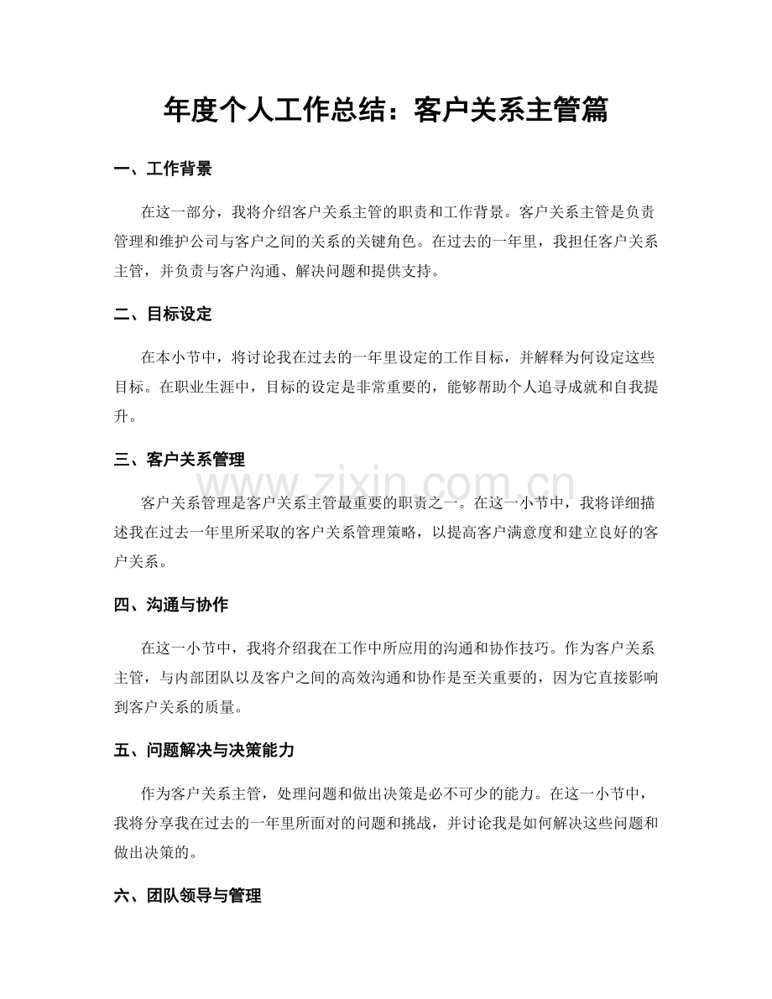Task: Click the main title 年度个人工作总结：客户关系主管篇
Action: (x=385, y=109)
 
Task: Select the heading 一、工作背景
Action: (x=163, y=169)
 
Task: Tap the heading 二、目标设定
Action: (x=163, y=315)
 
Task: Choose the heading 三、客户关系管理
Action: (x=179, y=460)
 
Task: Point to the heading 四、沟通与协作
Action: (x=170, y=605)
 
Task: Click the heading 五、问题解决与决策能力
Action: (x=203, y=751)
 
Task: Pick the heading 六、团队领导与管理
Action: (x=187, y=896)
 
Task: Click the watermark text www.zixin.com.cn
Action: (x=385, y=485)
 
